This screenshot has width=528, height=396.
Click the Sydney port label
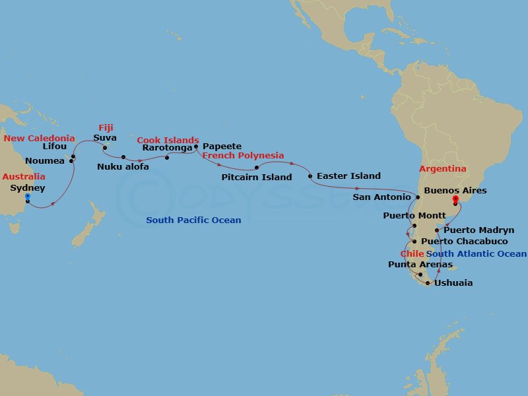coord(28,188)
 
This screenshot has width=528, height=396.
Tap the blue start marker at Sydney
coord(28,197)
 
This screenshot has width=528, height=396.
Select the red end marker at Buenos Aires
coord(455,199)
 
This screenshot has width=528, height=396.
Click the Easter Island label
coord(348,176)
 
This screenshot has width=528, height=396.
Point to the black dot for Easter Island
coord(310,176)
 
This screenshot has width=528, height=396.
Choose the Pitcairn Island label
coord(257,178)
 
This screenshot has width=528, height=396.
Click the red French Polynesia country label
coord(243,156)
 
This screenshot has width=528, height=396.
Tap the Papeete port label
coord(222,147)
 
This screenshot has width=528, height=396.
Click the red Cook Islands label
coord(168,140)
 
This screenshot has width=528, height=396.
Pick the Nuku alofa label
coord(123,167)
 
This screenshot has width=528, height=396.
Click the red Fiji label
coord(106,128)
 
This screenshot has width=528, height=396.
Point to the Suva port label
coord(105,138)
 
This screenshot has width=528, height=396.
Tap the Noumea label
coord(45,161)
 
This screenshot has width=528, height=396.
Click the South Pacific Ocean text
coord(193,220)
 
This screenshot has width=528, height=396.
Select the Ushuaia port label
coord(453,283)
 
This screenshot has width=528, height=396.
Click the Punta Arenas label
coord(420,265)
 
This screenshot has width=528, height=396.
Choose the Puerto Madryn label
coord(478,230)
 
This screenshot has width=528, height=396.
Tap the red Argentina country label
coord(443,169)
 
